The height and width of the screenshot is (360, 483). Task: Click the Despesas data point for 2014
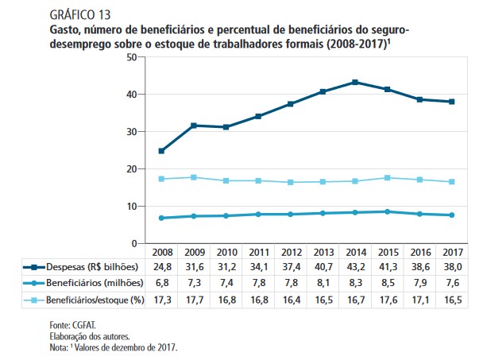(x=355, y=82)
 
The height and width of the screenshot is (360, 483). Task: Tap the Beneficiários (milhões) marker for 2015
(x=388, y=211)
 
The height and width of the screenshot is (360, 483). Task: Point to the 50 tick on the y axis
(x=131, y=57)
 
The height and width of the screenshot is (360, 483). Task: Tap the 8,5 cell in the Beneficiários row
(x=388, y=283)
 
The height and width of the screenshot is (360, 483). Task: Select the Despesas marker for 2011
(x=258, y=116)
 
